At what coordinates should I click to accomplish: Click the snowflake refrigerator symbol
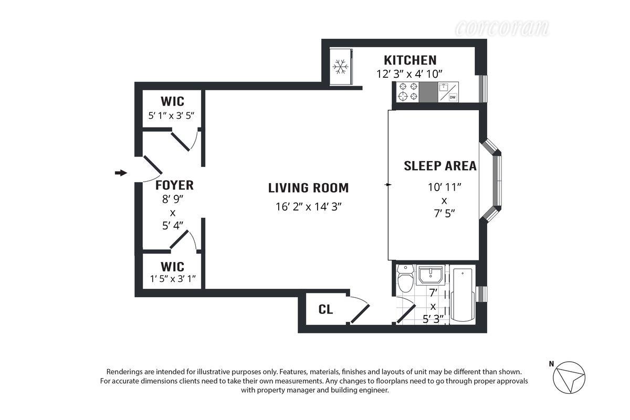[x=341, y=67]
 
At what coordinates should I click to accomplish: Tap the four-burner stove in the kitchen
[x=408, y=92]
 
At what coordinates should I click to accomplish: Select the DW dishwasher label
[x=452, y=97]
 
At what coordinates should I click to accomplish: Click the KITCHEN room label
[x=410, y=60]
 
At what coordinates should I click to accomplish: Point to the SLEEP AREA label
[x=440, y=166]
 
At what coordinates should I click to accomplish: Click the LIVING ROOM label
[x=308, y=188]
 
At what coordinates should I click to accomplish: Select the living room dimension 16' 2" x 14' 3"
[x=309, y=206]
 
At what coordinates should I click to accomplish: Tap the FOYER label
[x=174, y=185]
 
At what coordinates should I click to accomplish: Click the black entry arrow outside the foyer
[x=121, y=173]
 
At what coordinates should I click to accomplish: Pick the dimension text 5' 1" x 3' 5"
[x=171, y=115]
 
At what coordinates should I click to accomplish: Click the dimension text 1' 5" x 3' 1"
[x=172, y=278]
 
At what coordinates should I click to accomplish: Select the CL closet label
[x=325, y=310]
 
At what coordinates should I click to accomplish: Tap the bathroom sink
[x=431, y=275]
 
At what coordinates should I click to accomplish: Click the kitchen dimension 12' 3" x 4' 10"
[x=410, y=74]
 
